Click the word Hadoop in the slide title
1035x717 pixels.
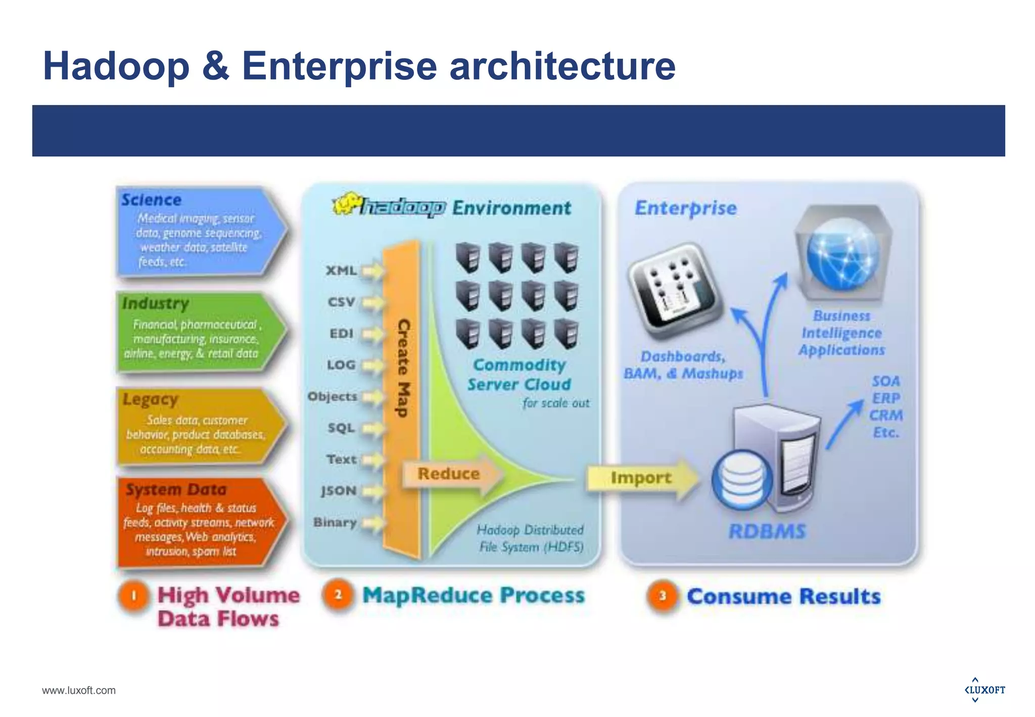coord(116,66)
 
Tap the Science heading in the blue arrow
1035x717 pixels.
coord(151,200)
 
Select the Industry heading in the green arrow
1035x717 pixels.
coord(156,303)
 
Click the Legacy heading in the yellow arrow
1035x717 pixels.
coord(150,399)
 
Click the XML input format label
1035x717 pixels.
coord(341,271)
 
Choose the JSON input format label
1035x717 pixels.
coord(339,491)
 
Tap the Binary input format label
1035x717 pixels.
coord(335,522)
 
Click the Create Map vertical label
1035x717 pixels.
coord(403,368)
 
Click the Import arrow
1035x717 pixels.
coord(641,478)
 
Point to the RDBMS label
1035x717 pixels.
coord(767,531)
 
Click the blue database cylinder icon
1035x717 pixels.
coord(742,479)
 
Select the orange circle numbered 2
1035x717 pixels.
coord(338,595)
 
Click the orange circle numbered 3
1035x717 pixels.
coord(662,596)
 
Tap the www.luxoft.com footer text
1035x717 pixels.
coord(79,691)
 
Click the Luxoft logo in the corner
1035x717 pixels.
coord(984,690)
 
